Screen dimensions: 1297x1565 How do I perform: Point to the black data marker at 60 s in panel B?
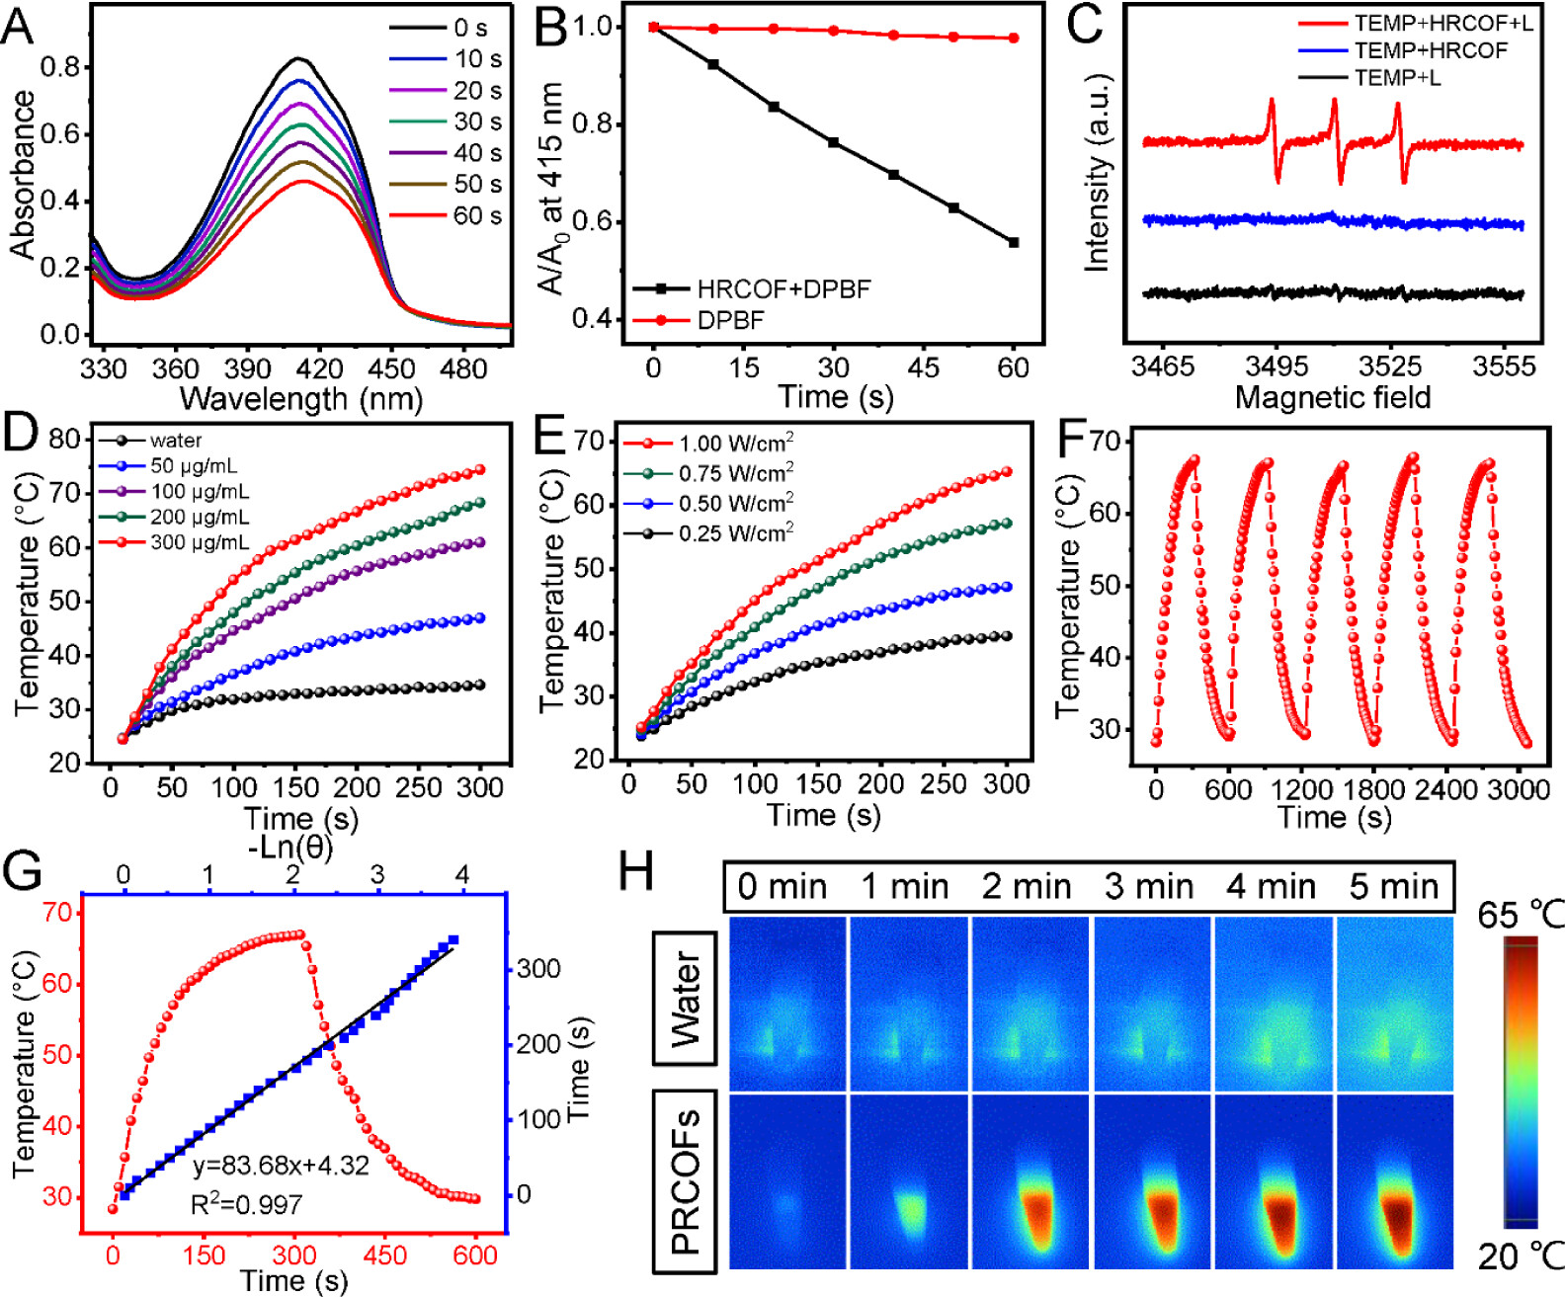[1013, 242]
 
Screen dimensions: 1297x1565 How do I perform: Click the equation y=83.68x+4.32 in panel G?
[281, 1166]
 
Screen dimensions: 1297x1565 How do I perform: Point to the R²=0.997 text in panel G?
[246, 1204]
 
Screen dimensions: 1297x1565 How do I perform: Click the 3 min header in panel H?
[1149, 886]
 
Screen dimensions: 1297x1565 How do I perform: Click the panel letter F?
[1072, 441]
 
